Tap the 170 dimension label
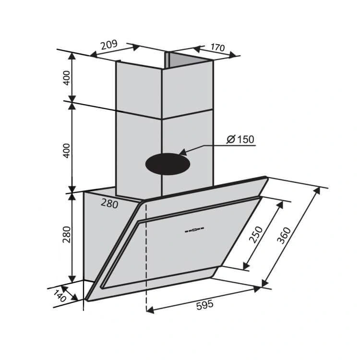click(x=217, y=48)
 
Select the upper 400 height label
click(x=67, y=77)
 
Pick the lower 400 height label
click(x=67, y=150)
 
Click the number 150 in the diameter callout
click(x=245, y=140)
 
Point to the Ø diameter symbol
click(x=231, y=140)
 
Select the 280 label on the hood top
click(x=109, y=204)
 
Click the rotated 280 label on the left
click(x=67, y=234)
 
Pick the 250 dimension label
click(x=257, y=234)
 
